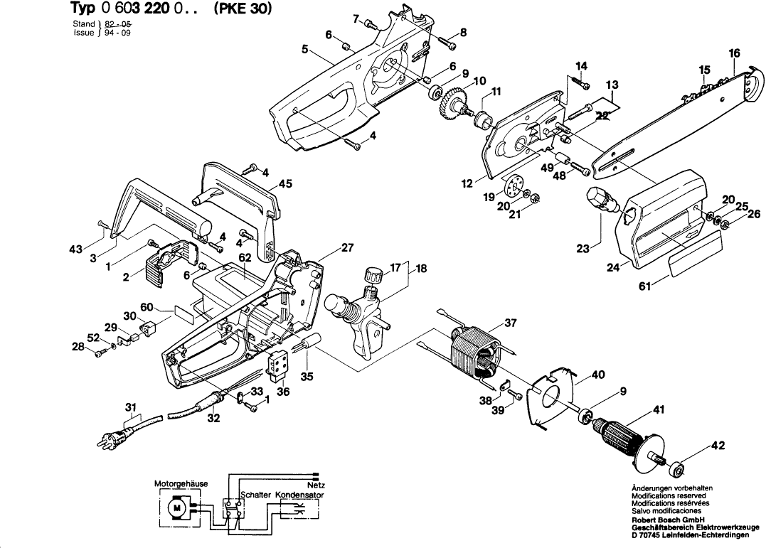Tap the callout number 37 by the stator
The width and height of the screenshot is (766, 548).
[x=510, y=323]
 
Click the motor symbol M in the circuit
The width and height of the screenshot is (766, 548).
[x=174, y=507]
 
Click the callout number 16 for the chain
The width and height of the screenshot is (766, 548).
[x=735, y=53]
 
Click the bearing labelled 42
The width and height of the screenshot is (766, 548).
[x=677, y=468]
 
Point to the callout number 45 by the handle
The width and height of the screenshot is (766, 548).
[x=285, y=184]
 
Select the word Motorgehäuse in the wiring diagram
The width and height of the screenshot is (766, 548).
[x=181, y=483]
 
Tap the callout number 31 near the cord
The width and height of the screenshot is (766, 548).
[x=130, y=407]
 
